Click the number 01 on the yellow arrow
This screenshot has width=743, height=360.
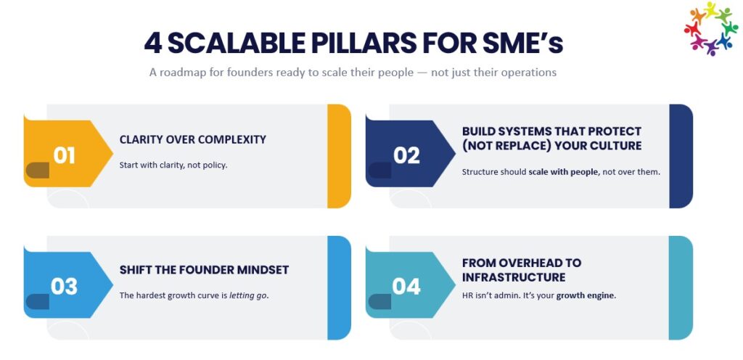pyautogui.click(x=64, y=155)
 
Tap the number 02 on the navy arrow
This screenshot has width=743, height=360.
pyautogui.click(x=406, y=155)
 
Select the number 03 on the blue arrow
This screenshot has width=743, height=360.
pyautogui.click(x=64, y=287)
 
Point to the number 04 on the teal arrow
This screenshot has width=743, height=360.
pyautogui.click(x=406, y=287)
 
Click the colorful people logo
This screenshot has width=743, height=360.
pyautogui.click(x=711, y=28)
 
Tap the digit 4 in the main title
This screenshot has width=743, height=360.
pyautogui.click(x=153, y=44)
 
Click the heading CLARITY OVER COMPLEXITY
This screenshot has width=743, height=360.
pyautogui.click(x=193, y=140)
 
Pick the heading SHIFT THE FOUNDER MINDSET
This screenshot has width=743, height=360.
pyautogui.click(x=204, y=270)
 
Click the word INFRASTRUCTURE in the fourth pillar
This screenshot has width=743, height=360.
pyautogui.click(x=514, y=277)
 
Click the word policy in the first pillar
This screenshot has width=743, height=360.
pyautogui.click(x=216, y=165)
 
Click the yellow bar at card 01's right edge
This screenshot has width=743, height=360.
pyautogui.click(x=340, y=156)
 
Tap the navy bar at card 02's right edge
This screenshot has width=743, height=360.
pyautogui.click(x=681, y=156)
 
